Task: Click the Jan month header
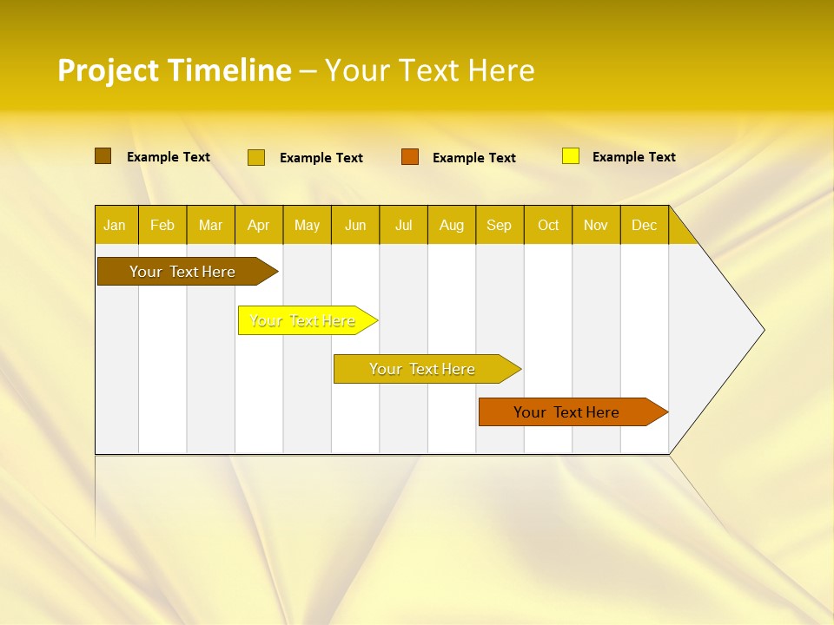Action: (x=115, y=226)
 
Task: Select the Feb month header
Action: (x=162, y=226)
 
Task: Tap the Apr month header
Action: (x=258, y=226)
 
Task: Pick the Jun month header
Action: (x=355, y=226)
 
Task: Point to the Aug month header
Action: (x=451, y=226)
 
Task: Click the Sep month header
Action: (x=499, y=226)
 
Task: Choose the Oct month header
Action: (x=548, y=226)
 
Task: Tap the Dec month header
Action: (x=644, y=226)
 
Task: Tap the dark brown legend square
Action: (x=103, y=156)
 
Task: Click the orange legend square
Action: (x=410, y=157)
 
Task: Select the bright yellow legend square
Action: (x=571, y=156)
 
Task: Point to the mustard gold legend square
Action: (x=256, y=157)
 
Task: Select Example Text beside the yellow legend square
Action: (x=633, y=157)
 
